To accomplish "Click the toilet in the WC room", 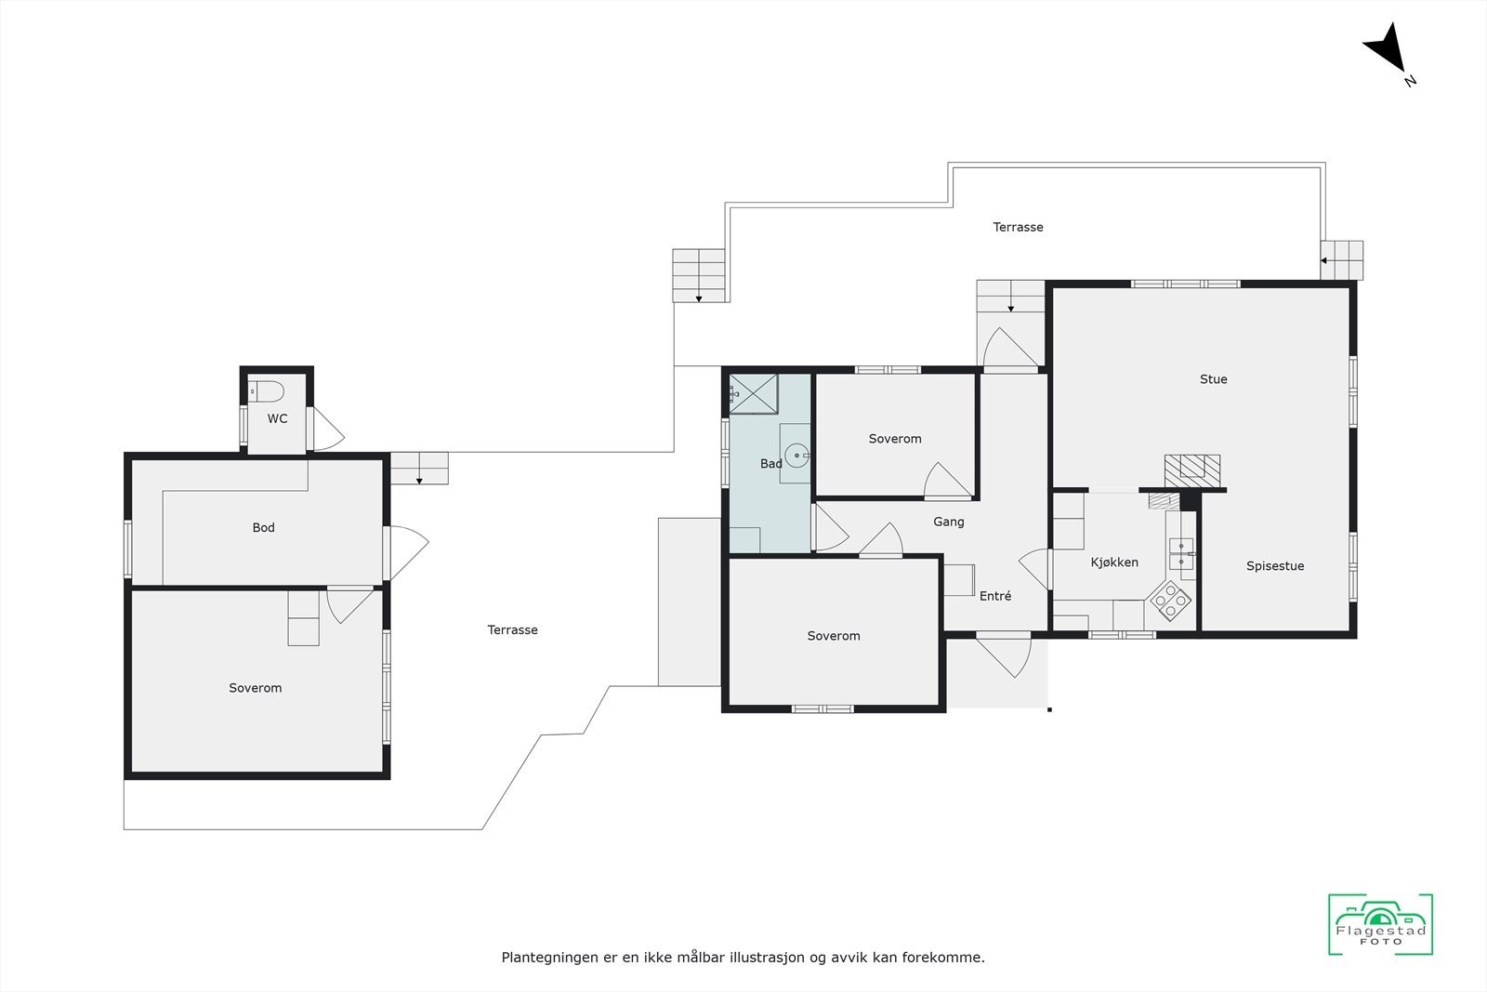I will coord(267,391).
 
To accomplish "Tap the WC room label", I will coord(277,418).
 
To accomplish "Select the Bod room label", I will coord(263,527).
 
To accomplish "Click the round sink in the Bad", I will coord(796,456).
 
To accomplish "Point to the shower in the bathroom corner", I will coord(753,392).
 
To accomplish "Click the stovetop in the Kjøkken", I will coord(1171,601).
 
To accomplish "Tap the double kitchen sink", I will coord(1181,552).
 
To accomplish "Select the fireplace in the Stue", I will coord(1192,467).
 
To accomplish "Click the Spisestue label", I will coord(1274,565).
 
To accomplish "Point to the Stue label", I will coord(1213,378).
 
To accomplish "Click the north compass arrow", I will coord(1387,50).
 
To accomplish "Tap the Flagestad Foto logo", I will coord(1380,924).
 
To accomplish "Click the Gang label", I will coord(948,522).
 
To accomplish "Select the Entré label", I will coord(994,596).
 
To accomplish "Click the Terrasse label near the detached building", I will coord(512,629).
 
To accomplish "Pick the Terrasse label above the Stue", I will coord(1018,227).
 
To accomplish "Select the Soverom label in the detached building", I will coord(255,688).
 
